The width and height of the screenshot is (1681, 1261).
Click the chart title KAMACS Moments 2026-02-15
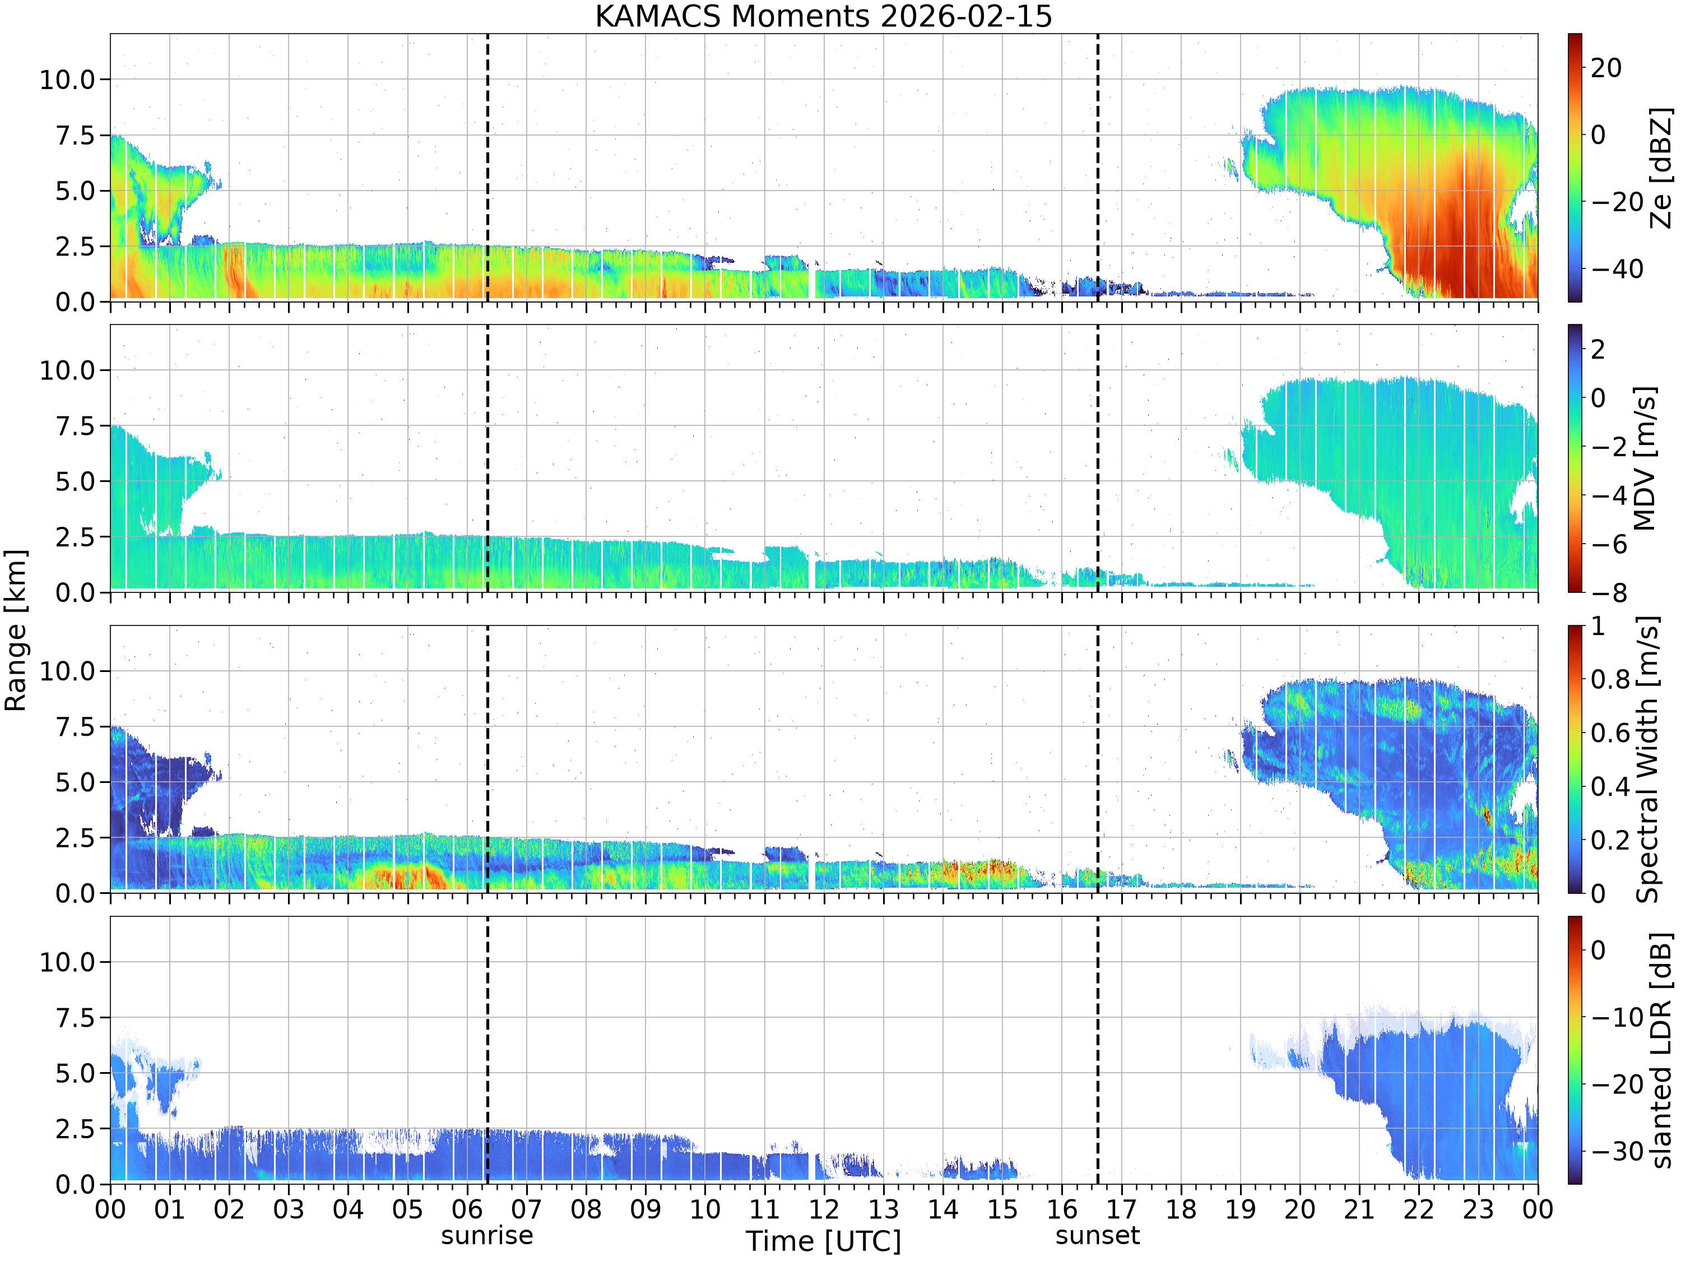coord(823,16)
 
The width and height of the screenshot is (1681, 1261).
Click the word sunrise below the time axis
coord(487,1235)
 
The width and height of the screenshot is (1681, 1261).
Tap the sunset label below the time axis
coord(1097,1235)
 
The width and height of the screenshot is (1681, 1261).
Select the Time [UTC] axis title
coord(823,1241)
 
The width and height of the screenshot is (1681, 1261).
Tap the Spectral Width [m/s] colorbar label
coord(1646,759)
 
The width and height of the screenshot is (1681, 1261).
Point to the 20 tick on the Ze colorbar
coord(1606,68)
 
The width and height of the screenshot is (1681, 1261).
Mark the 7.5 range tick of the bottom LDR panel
coord(75,1018)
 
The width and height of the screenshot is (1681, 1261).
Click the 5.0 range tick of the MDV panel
coord(75,481)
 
